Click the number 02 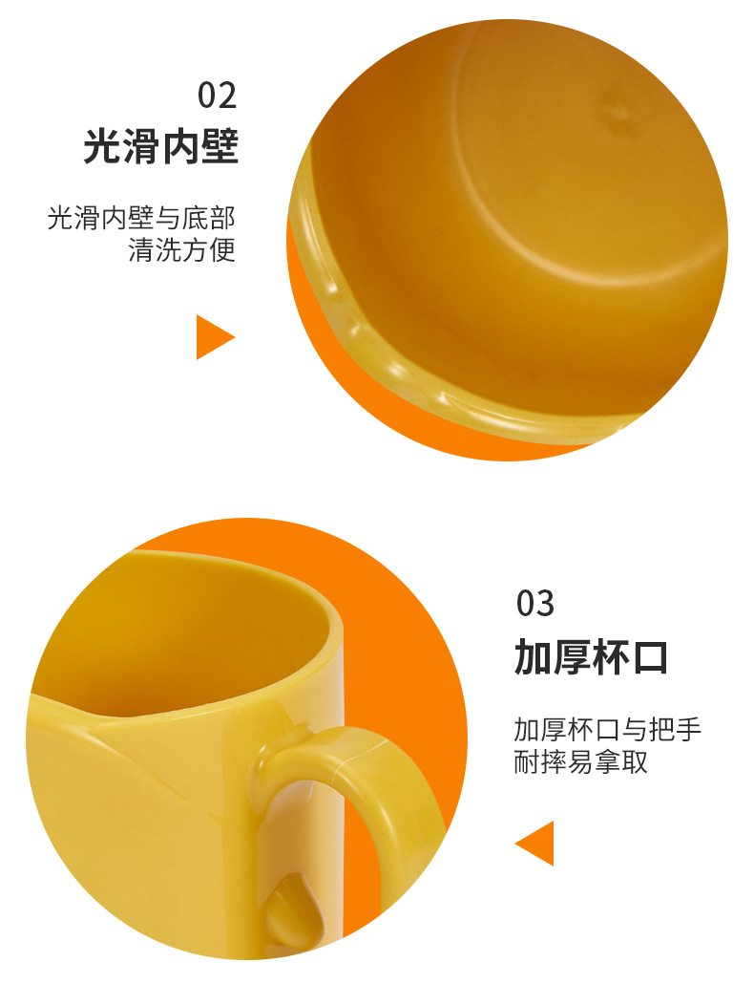click(x=217, y=96)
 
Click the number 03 click(x=535, y=604)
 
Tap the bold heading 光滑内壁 click(x=161, y=147)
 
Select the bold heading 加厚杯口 click(x=591, y=657)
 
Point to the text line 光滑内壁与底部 click(x=141, y=218)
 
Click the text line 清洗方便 click(x=182, y=249)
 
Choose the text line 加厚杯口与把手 click(x=607, y=730)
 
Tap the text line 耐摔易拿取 click(x=580, y=761)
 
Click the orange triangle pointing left click(x=534, y=844)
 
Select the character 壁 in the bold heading click(x=220, y=147)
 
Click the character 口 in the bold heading click(x=650, y=657)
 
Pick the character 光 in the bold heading click(x=102, y=147)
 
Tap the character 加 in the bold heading click(x=533, y=657)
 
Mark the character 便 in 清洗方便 click(x=222, y=249)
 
